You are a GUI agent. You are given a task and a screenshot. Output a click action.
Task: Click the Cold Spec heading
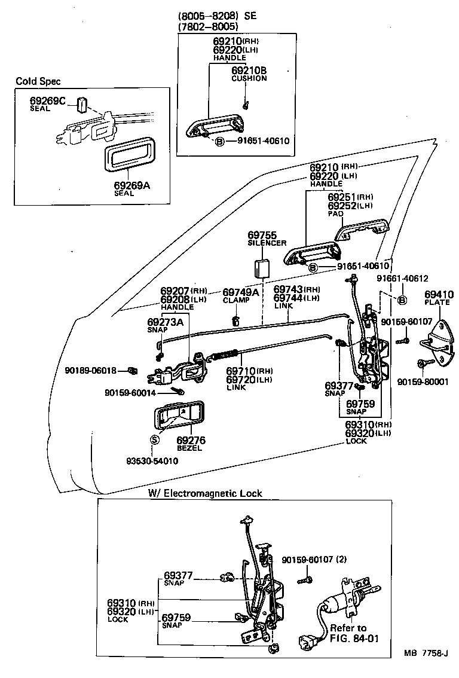point(38,81)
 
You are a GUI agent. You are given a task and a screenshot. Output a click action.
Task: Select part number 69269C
point(47,101)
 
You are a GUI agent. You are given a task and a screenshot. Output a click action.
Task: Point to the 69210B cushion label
point(249,71)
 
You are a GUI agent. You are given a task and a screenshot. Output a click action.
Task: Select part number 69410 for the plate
point(438,294)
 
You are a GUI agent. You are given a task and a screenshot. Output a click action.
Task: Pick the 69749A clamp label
point(240,292)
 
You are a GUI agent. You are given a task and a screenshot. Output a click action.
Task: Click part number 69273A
point(165,322)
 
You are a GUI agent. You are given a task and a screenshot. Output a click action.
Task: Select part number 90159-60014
point(130,392)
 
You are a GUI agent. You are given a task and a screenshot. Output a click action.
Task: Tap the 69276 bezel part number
point(191,440)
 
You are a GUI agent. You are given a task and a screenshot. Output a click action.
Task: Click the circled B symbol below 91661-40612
point(402,300)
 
